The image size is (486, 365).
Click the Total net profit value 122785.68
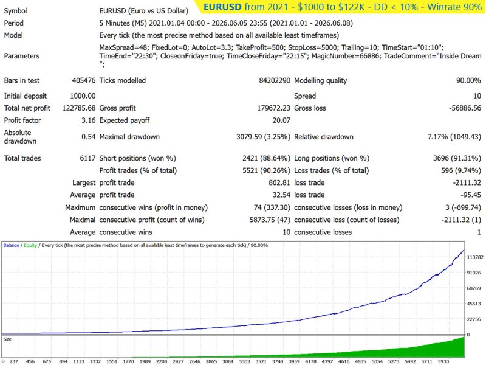(x=79, y=108)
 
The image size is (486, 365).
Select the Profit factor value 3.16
(x=88, y=120)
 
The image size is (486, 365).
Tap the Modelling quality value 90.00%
(x=468, y=81)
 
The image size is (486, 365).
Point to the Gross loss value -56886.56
(x=465, y=108)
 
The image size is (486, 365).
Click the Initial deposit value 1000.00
(x=83, y=96)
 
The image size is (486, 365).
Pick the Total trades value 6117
(x=87, y=158)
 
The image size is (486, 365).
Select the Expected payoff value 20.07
(x=281, y=120)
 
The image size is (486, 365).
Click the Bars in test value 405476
(x=84, y=81)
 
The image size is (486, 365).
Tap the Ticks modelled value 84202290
(x=275, y=81)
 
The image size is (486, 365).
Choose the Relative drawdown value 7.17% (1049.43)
(x=454, y=137)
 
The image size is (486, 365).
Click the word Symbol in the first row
(x=16, y=11)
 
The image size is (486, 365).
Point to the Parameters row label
(x=22, y=56)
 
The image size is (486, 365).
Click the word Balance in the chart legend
(x=11, y=245)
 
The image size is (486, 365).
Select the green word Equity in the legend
(x=30, y=245)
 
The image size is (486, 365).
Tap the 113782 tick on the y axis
(x=475, y=257)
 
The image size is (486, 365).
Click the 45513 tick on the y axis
(x=474, y=304)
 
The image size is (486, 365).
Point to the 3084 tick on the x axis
(x=228, y=361)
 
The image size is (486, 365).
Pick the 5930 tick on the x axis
(x=443, y=361)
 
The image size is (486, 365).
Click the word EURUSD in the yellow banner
(x=222, y=7)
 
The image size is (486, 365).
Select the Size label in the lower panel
(x=7, y=339)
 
